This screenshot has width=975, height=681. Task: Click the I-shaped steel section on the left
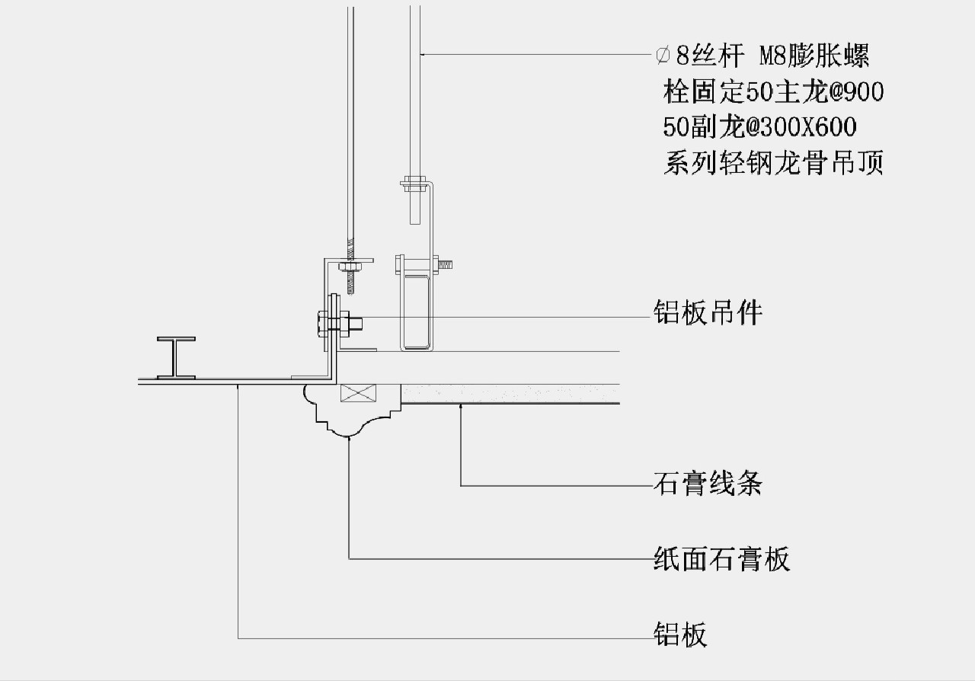click(175, 357)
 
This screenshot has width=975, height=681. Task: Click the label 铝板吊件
click(708, 312)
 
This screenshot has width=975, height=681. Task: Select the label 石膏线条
click(708, 484)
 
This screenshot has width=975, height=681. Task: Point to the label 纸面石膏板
click(721, 559)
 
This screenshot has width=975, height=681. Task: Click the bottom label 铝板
click(680, 634)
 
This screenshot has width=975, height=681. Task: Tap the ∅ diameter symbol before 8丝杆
click(663, 55)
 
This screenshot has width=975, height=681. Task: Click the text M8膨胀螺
click(814, 55)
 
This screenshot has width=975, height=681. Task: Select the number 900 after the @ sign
click(861, 92)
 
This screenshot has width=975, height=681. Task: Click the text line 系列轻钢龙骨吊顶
click(773, 163)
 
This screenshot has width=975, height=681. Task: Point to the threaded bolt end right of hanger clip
click(446, 265)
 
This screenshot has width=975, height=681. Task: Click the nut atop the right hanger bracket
click(414, 182)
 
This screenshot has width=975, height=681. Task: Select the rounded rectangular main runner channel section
click(415, 312)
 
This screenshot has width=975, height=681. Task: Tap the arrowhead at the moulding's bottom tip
click(349, 437)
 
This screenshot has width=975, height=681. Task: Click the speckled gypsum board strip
click(510, 393)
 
